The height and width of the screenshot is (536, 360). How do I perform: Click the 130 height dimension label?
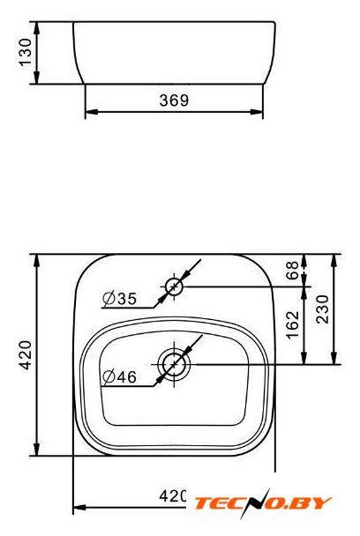25,52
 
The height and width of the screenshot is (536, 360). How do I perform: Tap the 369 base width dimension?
174,100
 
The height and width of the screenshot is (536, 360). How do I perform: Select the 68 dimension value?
293,270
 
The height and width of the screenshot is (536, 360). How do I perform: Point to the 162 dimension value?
293,324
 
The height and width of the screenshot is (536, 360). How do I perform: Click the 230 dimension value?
322,309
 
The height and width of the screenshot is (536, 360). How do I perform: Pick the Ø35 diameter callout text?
120,299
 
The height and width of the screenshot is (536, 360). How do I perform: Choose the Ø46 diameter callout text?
120,376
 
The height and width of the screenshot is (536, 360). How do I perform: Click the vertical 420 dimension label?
26,354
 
